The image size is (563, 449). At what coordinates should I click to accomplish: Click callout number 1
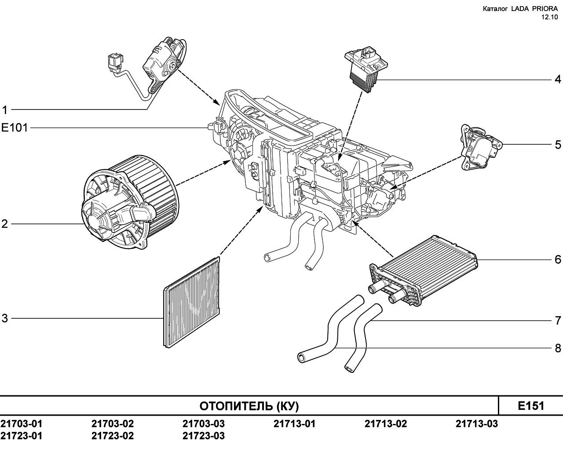[5, 110]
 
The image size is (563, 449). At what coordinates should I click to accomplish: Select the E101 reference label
[15, 128]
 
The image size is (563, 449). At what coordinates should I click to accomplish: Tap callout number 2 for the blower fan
[5, 224]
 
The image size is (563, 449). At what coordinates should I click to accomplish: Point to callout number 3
[5, 318]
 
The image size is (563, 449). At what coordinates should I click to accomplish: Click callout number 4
[558, 79]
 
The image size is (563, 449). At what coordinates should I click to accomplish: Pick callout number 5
[558, 145]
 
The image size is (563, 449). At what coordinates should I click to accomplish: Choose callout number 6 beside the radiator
[558, 259]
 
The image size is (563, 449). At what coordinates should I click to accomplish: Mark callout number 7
[558, 321]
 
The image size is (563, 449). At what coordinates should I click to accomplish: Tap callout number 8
[558, 348]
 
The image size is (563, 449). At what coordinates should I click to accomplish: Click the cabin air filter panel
[191, 303]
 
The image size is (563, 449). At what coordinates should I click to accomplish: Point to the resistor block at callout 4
[366, 69]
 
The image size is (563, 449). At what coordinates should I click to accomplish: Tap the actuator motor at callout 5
[481, 148]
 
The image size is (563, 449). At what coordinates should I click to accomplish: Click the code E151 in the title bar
[531, 406]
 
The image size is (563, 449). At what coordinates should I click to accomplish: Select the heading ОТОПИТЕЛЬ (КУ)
[249, 406]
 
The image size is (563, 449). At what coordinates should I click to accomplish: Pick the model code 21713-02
[386, 424]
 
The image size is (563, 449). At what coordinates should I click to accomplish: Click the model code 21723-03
[204, 436]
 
